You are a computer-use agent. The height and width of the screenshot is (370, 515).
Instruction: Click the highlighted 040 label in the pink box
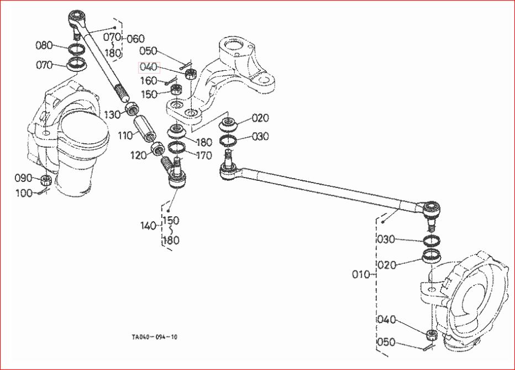tap(149, 67)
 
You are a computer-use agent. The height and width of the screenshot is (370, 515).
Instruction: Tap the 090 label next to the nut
tap(24, 178)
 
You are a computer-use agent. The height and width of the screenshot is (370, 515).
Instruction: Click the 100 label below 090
tap(24, 193)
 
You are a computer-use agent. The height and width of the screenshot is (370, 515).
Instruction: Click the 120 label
tap(140, 155)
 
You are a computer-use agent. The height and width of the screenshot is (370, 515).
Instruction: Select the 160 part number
tap(148, 81)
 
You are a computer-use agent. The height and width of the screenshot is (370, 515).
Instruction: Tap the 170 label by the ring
tap(203, 156)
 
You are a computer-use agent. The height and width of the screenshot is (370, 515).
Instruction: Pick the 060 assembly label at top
tap(135, 39)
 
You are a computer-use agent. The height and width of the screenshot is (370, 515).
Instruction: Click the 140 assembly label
tap(149, 226)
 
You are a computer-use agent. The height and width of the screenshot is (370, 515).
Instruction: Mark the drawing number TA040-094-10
tap(155, 337)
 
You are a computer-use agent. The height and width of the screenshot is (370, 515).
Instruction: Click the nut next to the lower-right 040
tap(431, 334)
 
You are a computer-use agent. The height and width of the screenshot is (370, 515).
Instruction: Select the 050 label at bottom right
tap(386, 342)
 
